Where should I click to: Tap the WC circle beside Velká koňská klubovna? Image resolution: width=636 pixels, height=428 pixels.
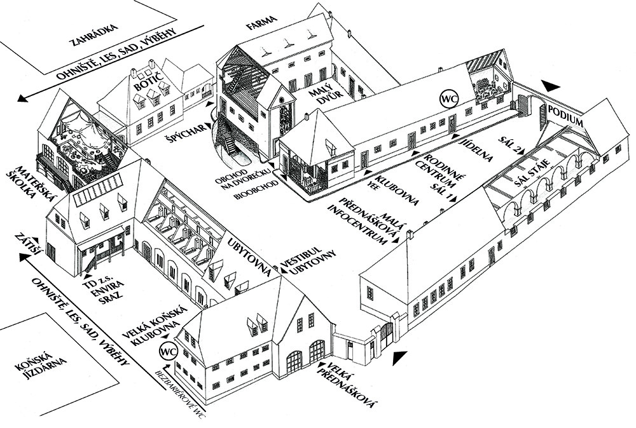(x=168, y=351)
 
